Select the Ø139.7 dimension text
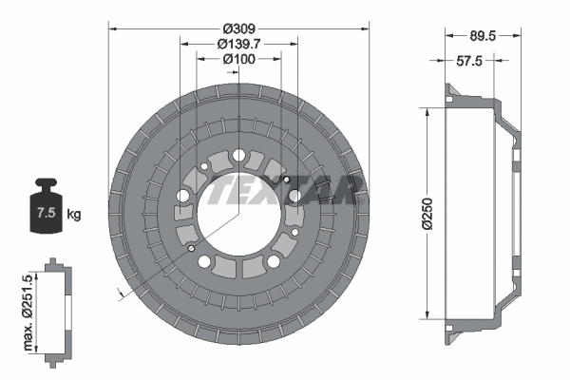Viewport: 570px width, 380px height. point(238,44)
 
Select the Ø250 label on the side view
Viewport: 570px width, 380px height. point(427,215)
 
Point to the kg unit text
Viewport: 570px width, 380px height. point(74,215)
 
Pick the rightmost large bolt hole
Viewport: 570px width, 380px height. point(294,196)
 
